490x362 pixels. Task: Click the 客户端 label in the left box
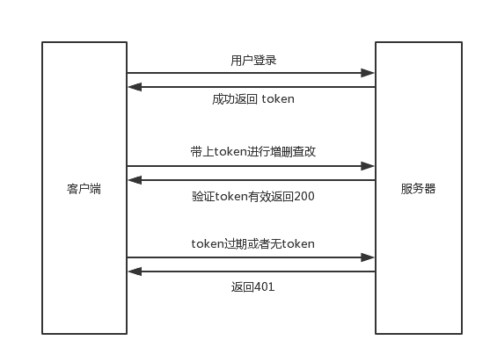pos(84,189)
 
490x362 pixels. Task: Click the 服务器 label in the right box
pos(418,189)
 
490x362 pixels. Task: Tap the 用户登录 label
pos(253,61)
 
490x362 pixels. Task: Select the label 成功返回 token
pos(253,99)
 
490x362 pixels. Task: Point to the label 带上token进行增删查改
pos(253,152)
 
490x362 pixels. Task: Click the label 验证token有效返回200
pos(253,196)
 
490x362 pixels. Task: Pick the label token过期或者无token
pos(253,243)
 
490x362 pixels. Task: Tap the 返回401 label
pos(253,286)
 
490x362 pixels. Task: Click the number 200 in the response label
pos(304,196)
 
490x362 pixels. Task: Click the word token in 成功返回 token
pos(278,99)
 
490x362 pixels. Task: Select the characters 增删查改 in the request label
pos(293,152)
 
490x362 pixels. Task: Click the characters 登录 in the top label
pos(265,61)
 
